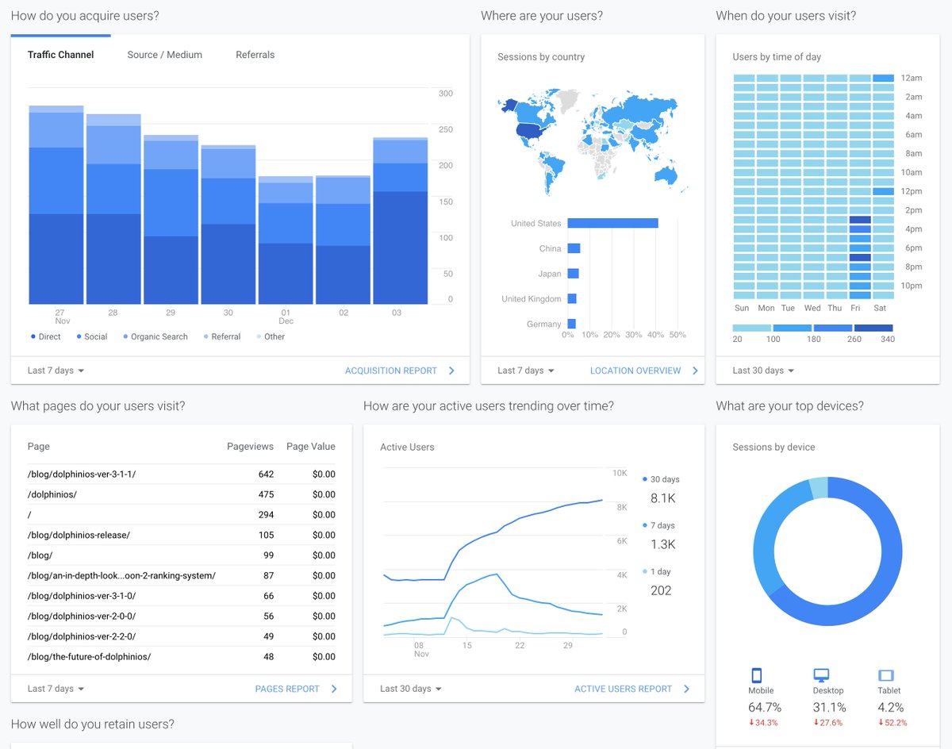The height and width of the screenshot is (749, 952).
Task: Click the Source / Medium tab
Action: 164,55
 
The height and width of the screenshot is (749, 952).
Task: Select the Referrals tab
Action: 255,55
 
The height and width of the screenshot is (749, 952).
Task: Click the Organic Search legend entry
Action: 159,336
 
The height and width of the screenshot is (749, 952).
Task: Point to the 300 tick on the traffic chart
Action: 445,94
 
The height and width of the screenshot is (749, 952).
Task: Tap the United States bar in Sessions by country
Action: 612,223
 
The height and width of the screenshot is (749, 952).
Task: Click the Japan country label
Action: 549,274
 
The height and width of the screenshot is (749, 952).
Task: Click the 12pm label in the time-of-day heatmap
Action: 911,191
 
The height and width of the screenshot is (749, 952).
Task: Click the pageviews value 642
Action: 266,474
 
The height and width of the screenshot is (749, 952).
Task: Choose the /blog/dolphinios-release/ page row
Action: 79,535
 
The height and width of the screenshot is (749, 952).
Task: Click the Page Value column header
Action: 310,447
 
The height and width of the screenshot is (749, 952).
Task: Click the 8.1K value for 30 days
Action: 662,498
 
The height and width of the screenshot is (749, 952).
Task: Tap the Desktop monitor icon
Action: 821,675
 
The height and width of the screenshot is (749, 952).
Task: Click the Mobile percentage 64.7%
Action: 765,707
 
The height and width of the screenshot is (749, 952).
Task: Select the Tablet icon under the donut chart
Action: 885,675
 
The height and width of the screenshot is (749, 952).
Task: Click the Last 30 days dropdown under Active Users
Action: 411,689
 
